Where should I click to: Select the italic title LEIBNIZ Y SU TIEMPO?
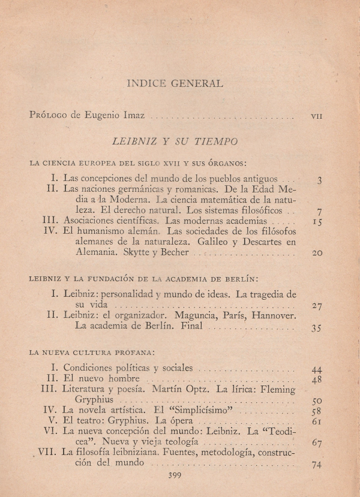[x=175, y=141]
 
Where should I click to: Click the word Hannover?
[x=275, y=315]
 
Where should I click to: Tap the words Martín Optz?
[x=179, y=390]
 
